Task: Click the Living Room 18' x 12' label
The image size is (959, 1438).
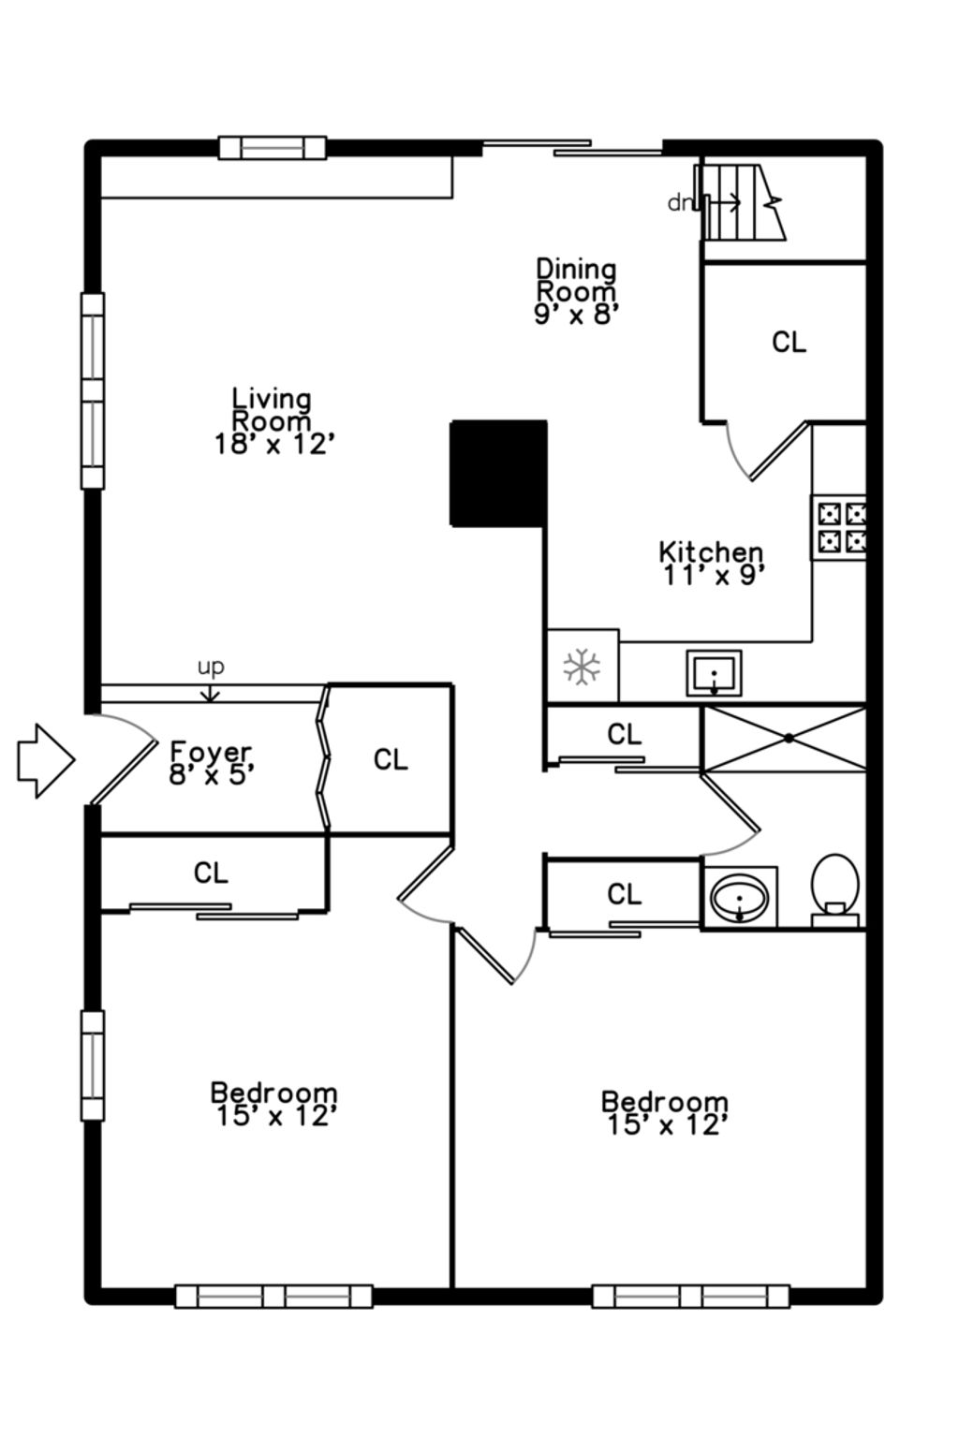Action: click(x=272, y=421)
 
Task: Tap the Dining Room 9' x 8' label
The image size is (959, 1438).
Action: click(x=576, y=291)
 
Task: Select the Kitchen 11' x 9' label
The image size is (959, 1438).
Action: click(x=712, y=564)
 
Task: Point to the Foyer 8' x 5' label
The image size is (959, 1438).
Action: click(x=211, y=763)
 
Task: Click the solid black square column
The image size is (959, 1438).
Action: click(x=499, y=474)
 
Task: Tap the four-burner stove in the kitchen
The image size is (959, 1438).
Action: click(x=839, y=527)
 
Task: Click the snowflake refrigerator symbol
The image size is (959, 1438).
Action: click(x=582, y=667)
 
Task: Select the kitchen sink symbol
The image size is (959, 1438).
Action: click(x=714, y=673)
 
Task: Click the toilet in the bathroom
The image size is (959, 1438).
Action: click(x=835, y=889)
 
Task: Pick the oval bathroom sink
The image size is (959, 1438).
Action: click(x=739, y=898)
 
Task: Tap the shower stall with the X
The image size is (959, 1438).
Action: click(x=785, y=739)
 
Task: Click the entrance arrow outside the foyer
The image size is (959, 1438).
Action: click(x=46, y=761)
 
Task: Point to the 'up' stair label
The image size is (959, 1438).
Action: click(x=211, y=668)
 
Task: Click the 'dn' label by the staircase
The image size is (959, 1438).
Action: click(x=680, y=203)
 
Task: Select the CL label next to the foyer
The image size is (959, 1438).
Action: click(x=391, y=760)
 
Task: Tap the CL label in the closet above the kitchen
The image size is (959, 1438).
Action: click(x=789, y=342)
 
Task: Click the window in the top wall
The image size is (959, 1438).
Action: click(x=273, y=148)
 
